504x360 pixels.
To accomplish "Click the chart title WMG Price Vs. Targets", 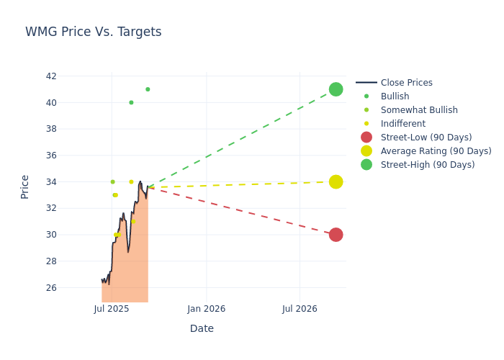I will [94, 32].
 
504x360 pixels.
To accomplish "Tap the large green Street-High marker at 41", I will [336, 89].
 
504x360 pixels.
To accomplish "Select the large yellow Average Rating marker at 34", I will [336, 181].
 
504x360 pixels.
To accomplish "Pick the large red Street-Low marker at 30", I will [336, 235].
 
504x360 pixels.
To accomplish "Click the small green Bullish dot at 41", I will [148, 89].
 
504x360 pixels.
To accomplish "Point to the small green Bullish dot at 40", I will [131, 102].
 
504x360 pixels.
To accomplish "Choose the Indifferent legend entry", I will [402, 124].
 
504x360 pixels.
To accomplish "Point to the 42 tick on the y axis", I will [50, 76].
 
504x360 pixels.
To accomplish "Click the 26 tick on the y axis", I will [50, 288].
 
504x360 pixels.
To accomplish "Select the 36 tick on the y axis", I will [50, 156].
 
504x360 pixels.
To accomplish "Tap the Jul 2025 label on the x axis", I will [112, 309].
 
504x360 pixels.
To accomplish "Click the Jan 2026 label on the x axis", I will [206, 309].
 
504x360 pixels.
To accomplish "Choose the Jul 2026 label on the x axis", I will [300, 309].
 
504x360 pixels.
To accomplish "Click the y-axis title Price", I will [25, 186].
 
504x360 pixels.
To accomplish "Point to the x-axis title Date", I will [202, 329].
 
